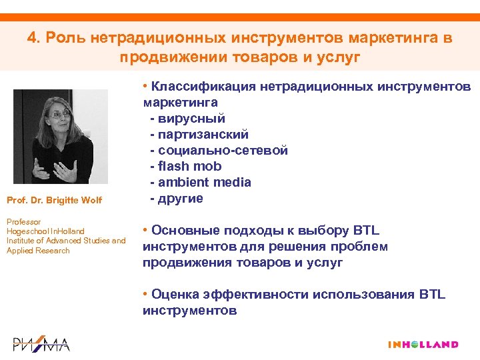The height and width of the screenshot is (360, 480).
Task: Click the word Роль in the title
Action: click(x=61, y=38)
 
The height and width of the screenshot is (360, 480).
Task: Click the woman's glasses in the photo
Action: click(x=62, y=114)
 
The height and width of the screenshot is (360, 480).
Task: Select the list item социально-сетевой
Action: click(x=222, y=150)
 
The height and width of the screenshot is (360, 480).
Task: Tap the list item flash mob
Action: click(x=189, y=166)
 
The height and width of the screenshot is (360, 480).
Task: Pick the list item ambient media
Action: click(x=203, y=182)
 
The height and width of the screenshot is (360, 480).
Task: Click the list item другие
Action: click(x=180, y=198)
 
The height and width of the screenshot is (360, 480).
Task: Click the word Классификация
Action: click(x=203, y=86)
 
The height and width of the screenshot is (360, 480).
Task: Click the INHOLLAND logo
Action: click(x=423, y=345)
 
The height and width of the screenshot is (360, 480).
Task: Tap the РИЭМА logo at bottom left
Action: click(x=41, y=344)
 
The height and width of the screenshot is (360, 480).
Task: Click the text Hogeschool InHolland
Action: click(x=45, y=231)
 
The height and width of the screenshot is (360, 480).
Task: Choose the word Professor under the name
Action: click(x=23, y=221)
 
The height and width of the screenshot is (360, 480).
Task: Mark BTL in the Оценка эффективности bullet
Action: click(x=431, y=295)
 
